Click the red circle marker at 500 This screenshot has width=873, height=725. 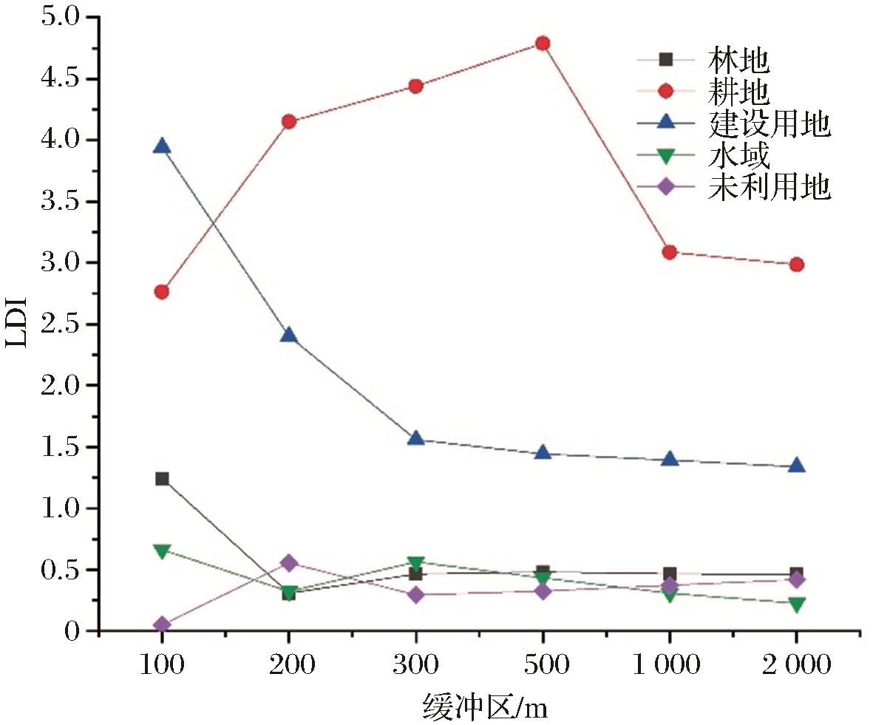tap(543, 44)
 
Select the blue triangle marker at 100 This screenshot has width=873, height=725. tap(162, 146)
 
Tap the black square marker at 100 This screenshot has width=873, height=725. tap(162, 478)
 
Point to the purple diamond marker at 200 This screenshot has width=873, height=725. tap(289, 562)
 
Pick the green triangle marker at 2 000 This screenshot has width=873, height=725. tap(796, 605)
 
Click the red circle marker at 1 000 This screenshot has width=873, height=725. tap(670, 252)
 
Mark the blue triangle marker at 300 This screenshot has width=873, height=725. tap(415, 438)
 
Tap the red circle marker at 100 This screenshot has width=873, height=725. tap(162, 292)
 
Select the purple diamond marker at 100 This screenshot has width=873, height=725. tap(162, 625)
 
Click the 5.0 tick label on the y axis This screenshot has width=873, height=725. tap(61, 17)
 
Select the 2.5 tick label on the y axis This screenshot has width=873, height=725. tap(61, 324)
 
